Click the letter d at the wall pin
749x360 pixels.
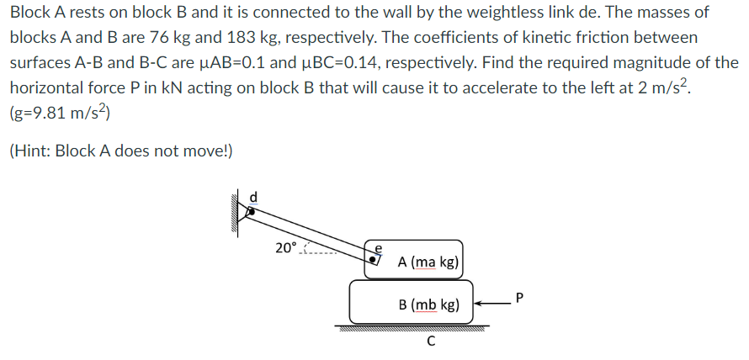256,197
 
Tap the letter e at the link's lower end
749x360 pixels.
378,249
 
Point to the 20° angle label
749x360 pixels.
286,247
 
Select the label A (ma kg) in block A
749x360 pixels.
428,262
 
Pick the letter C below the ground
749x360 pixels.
430,341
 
